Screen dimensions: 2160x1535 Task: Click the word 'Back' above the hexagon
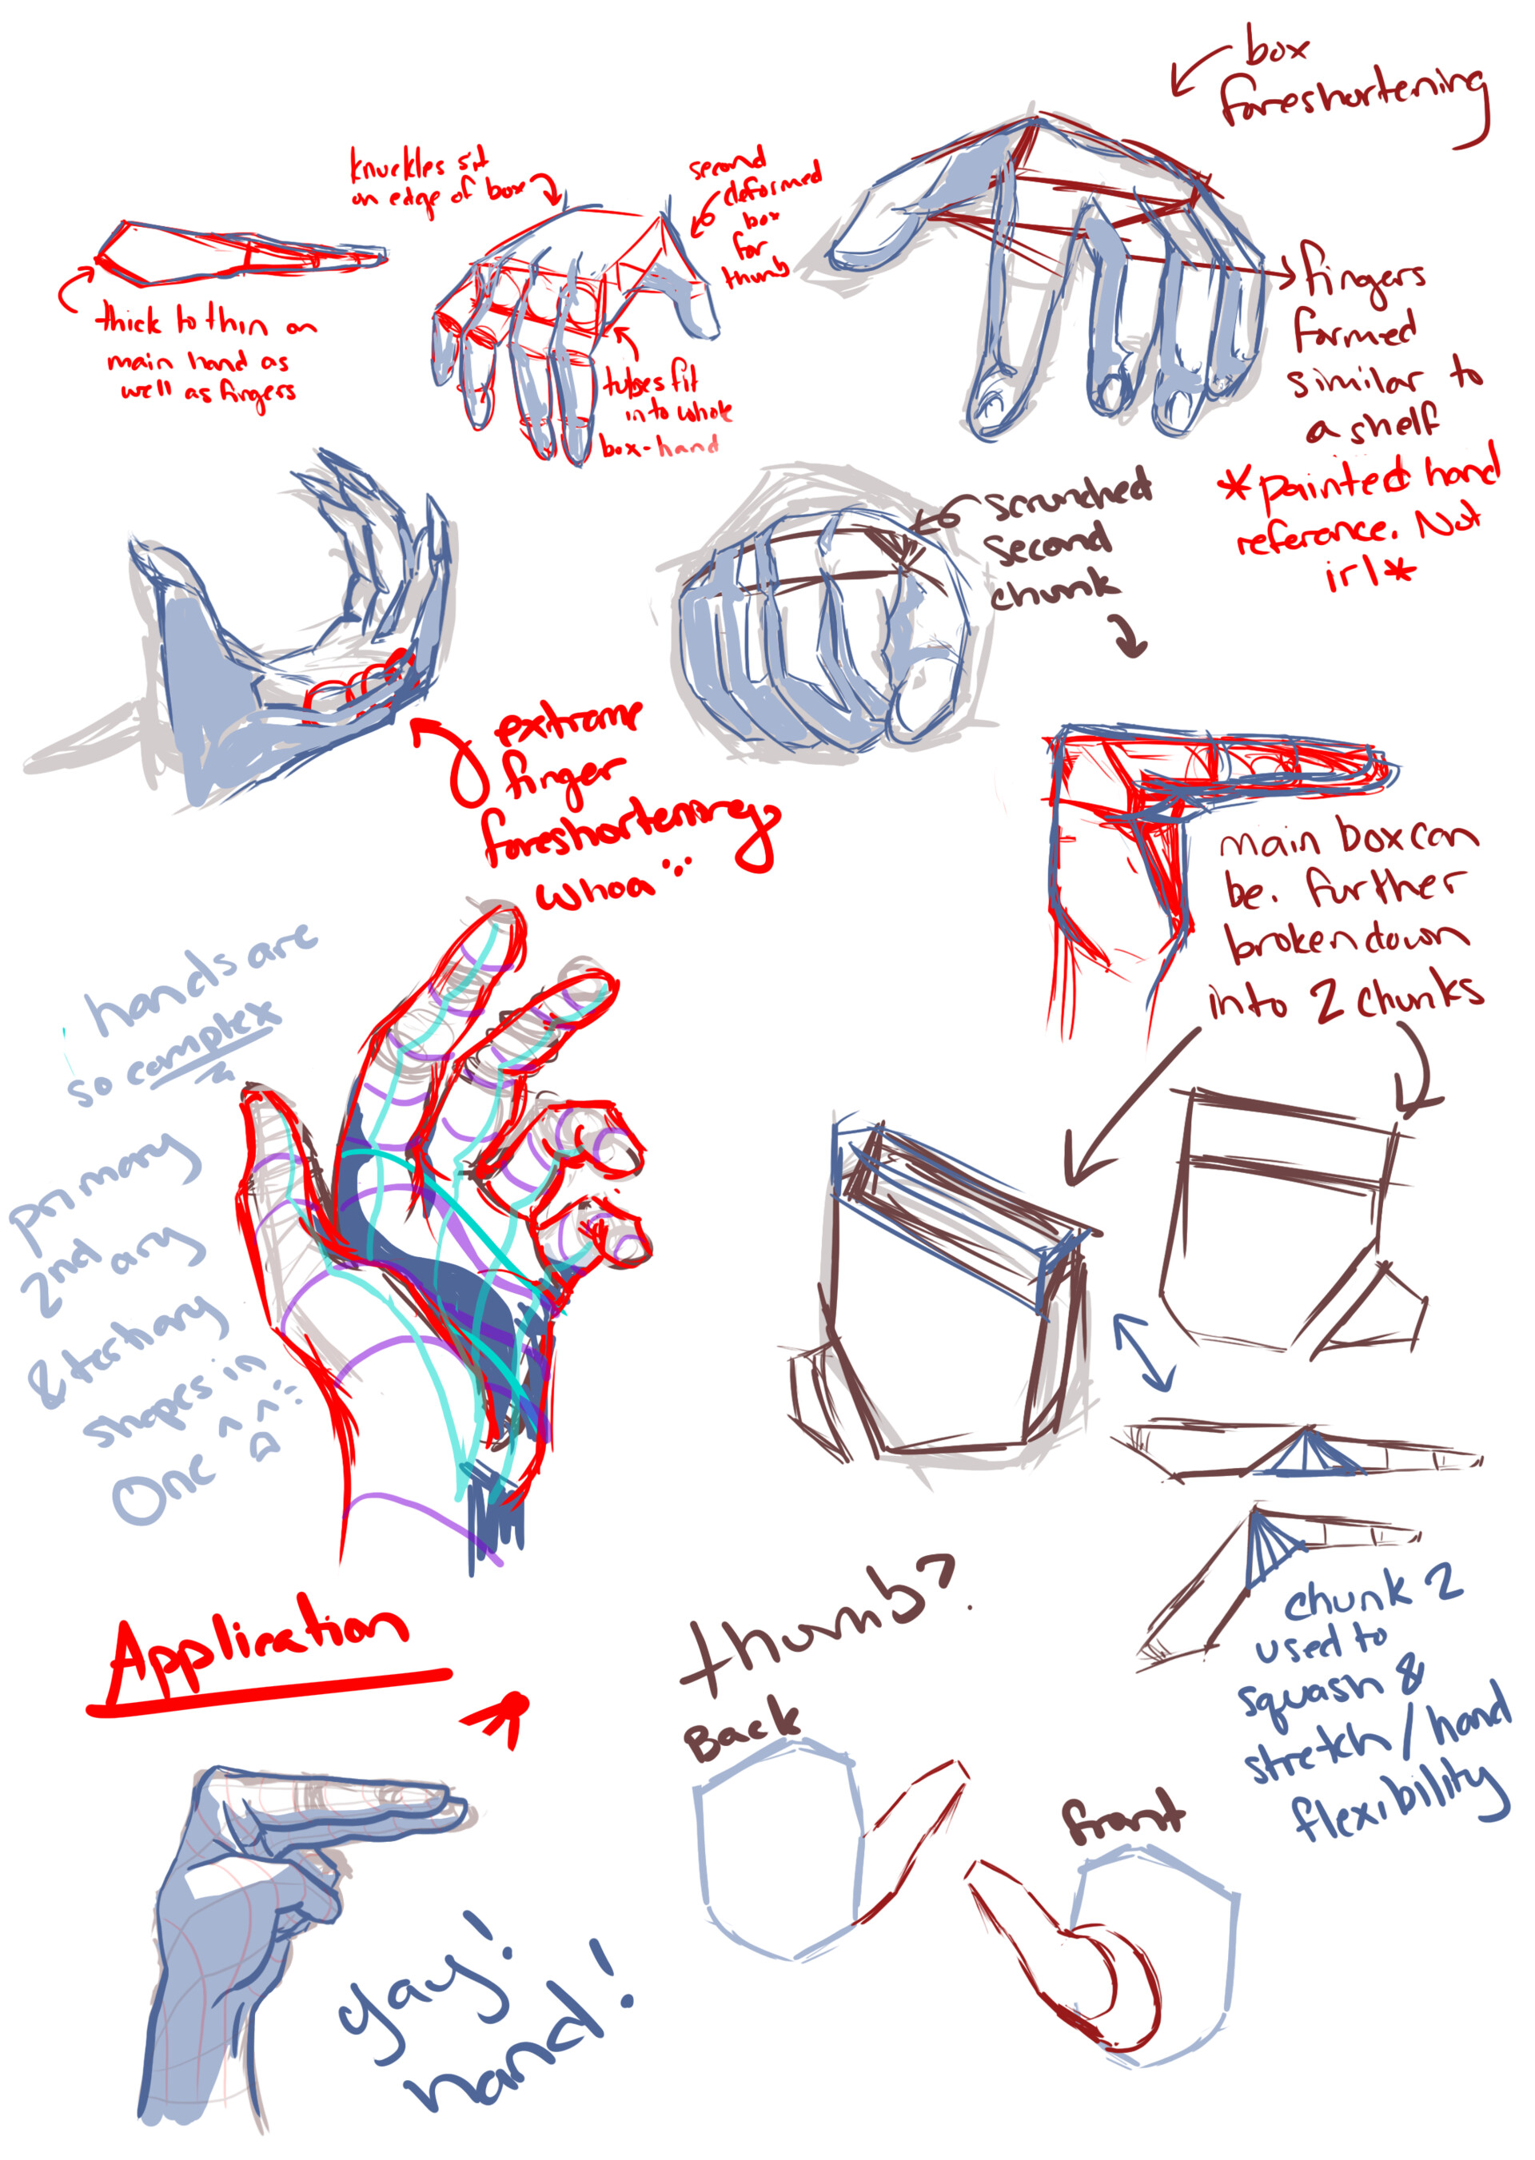coord(741,1731)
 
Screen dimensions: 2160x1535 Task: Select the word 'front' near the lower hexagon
coord(1122,1816)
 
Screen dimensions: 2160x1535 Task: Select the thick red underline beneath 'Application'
coord(269,1692)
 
